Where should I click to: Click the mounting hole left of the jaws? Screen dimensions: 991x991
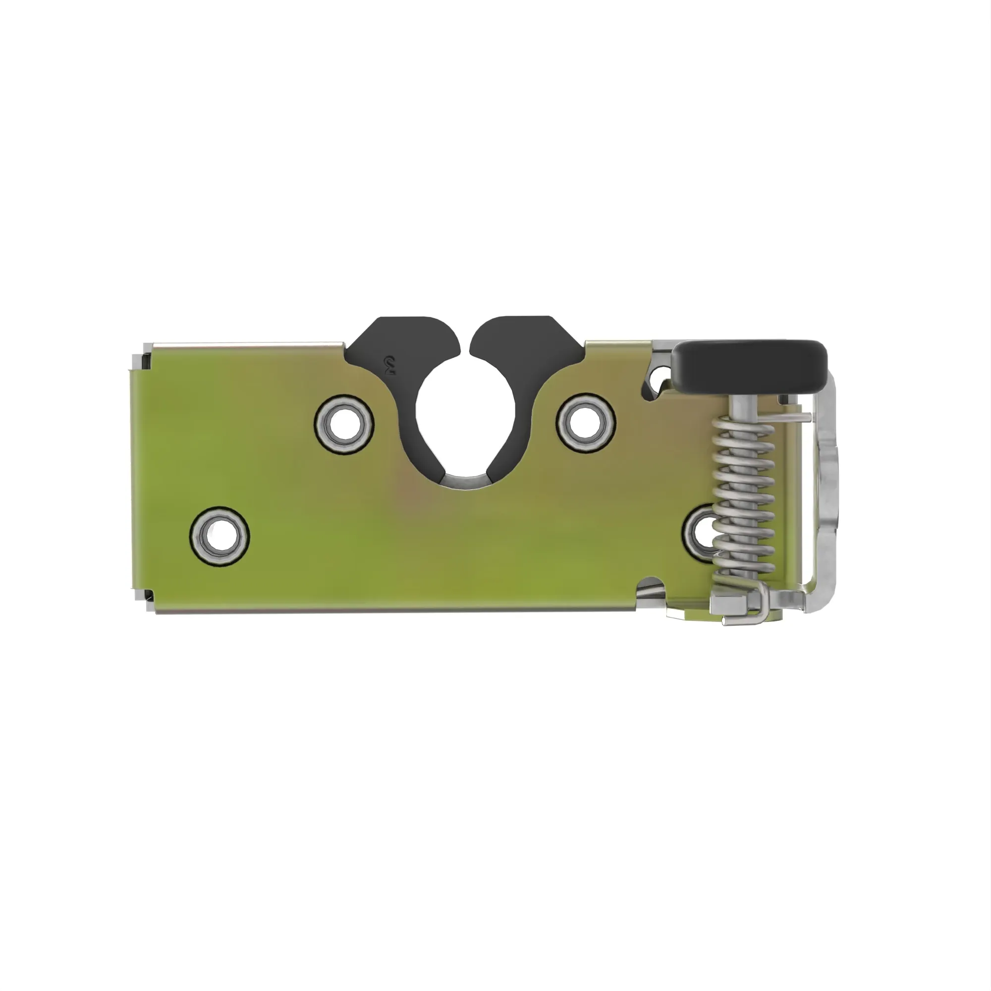pyautogui.click(x=344, y=425)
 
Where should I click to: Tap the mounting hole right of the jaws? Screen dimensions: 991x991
pyautogui.click(x=586, y=424)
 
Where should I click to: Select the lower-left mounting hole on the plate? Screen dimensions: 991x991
pyautogui.click(x=220, y=537)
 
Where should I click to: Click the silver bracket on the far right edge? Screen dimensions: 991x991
pyautogui.click(x=826, y=487)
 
